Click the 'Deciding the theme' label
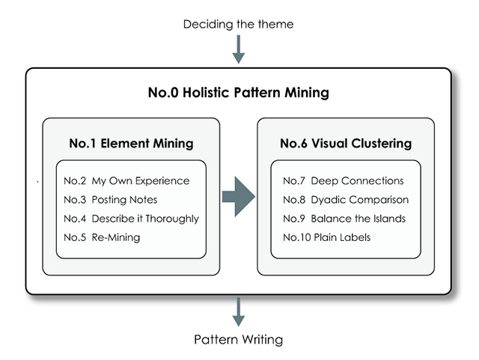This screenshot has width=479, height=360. click(239, 24)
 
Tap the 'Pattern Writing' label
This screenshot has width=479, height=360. click(239, 339)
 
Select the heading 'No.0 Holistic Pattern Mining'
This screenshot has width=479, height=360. click(238, 94)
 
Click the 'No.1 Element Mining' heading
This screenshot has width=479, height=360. click(131, 142)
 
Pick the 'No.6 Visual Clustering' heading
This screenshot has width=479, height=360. click(346, 142)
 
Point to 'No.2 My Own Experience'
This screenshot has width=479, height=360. click(126, 180)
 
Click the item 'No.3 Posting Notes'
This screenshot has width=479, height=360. click(111, 200)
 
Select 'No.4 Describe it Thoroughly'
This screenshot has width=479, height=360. click(131, 219)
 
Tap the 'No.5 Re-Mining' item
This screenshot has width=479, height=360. click(102, 237)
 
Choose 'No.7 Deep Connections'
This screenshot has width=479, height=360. click(344, 180)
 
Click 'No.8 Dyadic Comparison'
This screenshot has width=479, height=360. click(346, 200)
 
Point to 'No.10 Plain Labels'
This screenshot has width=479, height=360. click(326, 237)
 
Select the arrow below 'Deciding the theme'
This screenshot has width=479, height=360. click(239, 49)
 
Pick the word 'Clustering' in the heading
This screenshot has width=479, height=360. click(381, 142)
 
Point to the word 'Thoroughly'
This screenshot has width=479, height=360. click(172, 219)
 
